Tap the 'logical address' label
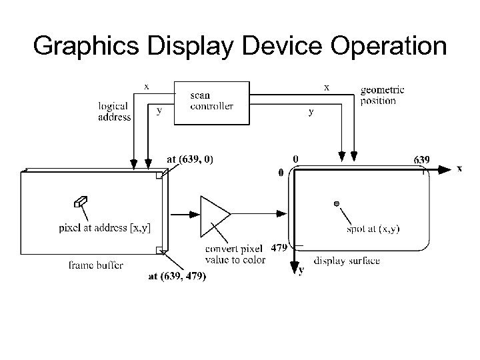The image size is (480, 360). pos(115,111)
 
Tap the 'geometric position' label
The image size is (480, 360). pos(382,95)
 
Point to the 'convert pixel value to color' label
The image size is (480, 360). pos(235,254)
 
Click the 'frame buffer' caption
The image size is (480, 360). pos(95,265)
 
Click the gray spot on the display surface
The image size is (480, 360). pos(337,203)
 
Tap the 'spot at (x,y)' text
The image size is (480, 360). pos(373,229)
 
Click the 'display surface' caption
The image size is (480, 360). pos(347,261)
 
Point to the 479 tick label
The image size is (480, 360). pos(279,247)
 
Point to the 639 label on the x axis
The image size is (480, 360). pos(421,160)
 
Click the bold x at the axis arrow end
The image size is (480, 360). pos(459,169)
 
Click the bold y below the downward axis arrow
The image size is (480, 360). pos(301,270)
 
